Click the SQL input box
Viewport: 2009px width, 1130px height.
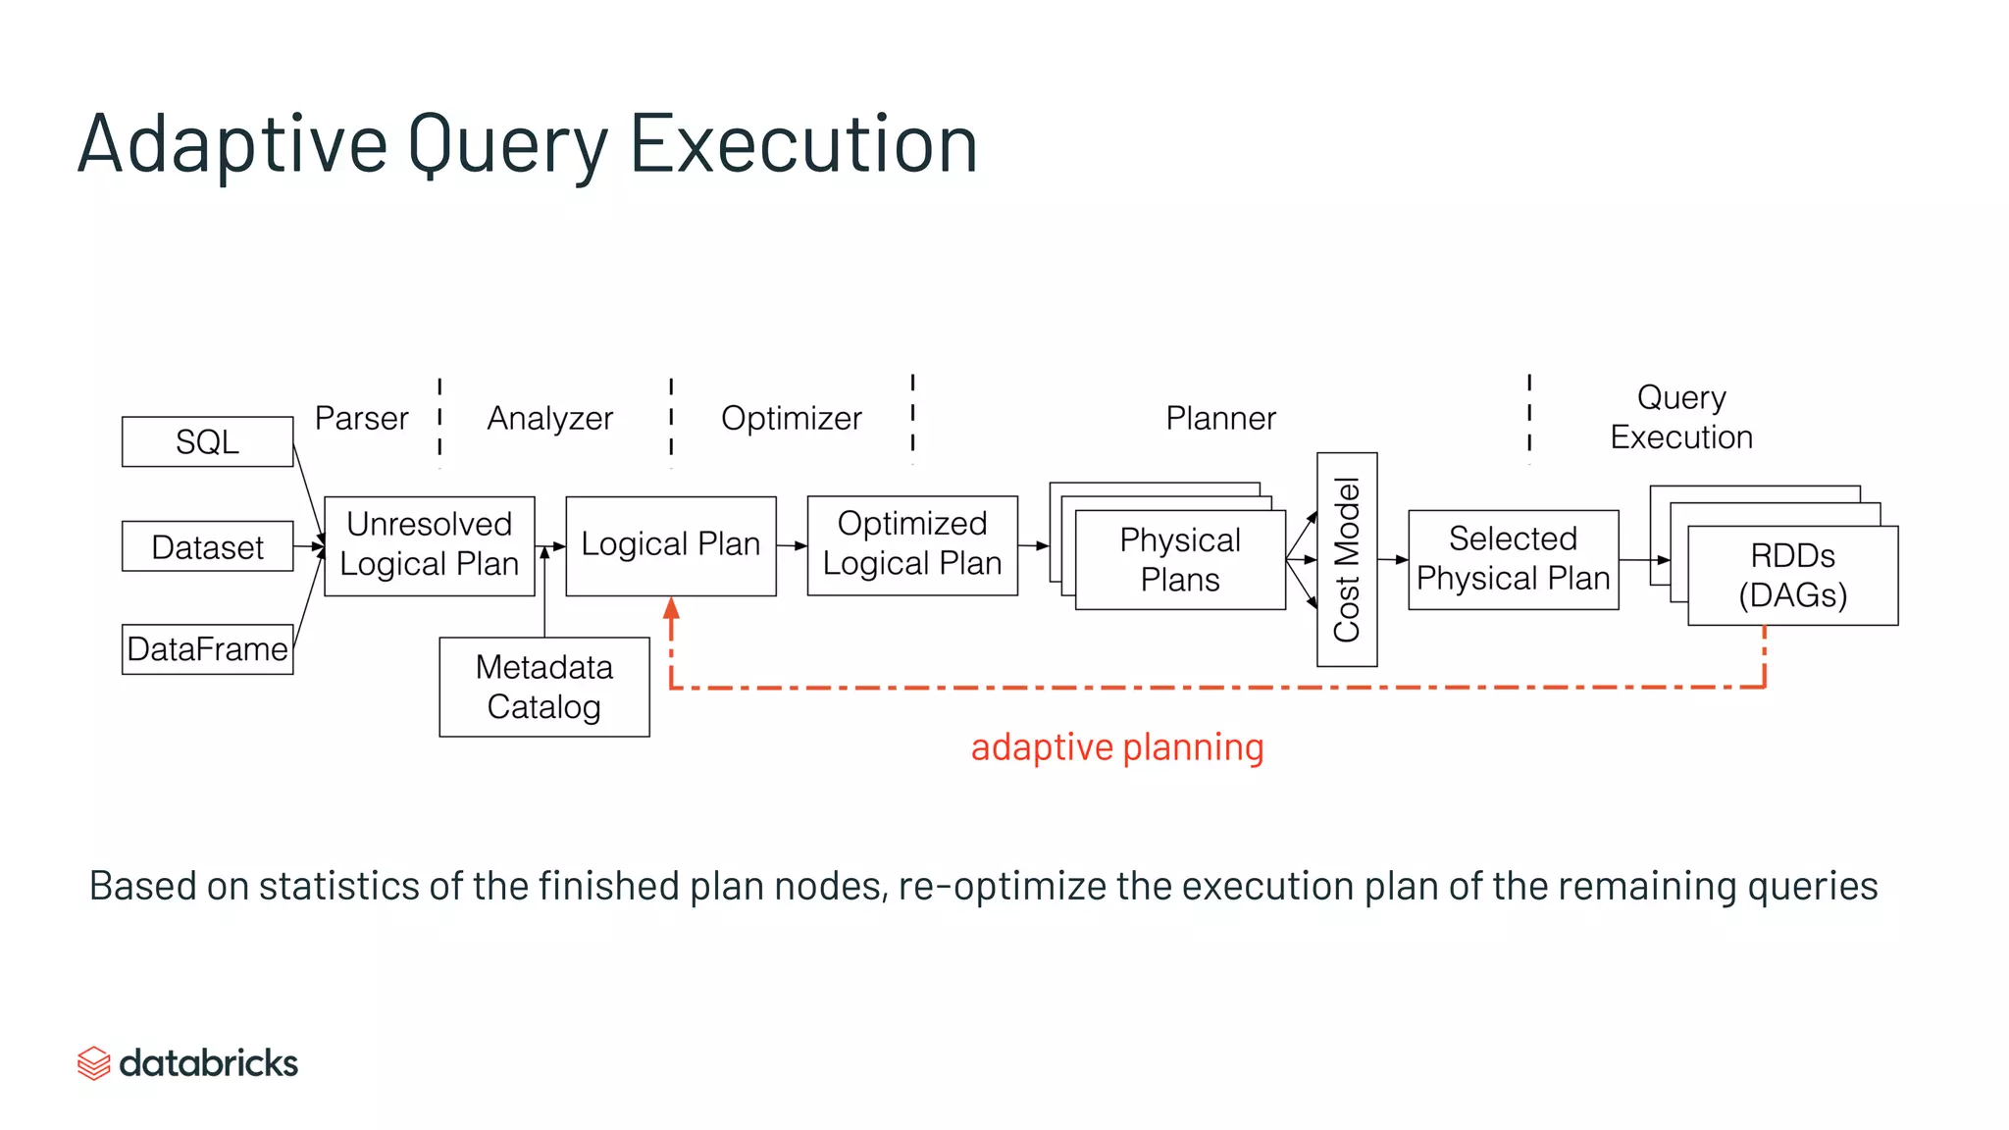pyautogui.click(x=207, y=441)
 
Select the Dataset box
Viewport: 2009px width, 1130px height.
pyautogui.click(x=207, y=546)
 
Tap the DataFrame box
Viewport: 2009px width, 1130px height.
pyautogui.click(x=207, y=649)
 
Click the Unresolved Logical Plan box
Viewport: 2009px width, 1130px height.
pyautogui.click(x=429, y=545)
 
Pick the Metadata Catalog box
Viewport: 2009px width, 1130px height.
pyautogui.click(x=543, y=687)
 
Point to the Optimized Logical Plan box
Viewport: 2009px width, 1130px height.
pyautogui.click(x=911, y=545)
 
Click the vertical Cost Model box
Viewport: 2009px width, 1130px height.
pyautogui.click(x=1346, y=559)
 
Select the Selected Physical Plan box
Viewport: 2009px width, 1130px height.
pyautogui.click(x=1513, y=559)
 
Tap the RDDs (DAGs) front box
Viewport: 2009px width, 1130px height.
pyautogui.click(x=1792, y=576)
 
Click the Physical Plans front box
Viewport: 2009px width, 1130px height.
pyautogui.click(x=1179, y=560)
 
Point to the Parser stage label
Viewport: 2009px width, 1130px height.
pyautogui.click(x=361, y=419)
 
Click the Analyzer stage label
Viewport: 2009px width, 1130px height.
pyautogui.click(x=549, y=419)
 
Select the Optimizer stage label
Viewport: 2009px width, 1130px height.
pyautogui.click(x=791, y=419)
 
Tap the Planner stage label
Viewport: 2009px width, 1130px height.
pyautogui.click(x=1220, y=419)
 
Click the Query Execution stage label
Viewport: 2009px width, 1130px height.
pyautogui.click(x=1680, y=417)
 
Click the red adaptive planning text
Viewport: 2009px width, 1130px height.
pyautogui.click(x=1116, y=747)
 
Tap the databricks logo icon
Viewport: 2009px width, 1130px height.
pyautogui.click(x=93, y=1063)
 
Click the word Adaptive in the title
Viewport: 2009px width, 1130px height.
pyautogui.click(x=232, y=144)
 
